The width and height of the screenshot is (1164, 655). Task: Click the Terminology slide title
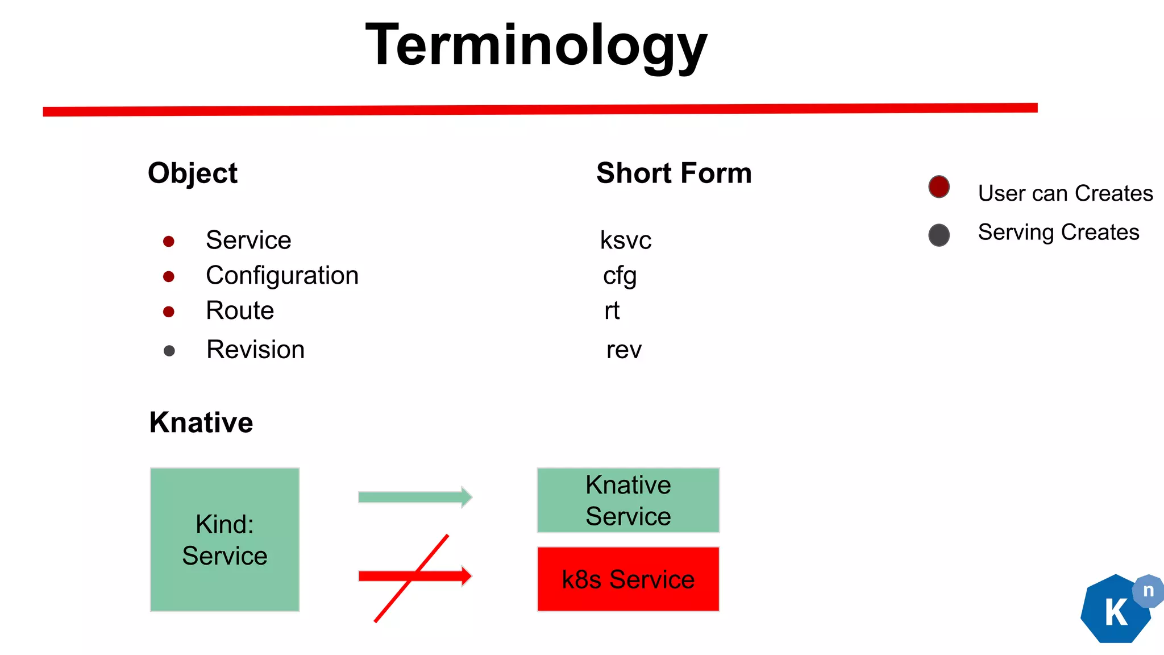tap(536, 45)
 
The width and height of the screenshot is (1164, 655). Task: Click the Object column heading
tap(192, 173)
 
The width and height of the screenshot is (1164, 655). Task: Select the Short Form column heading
tap(674, 173)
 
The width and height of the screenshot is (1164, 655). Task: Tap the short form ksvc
tap(625, 241)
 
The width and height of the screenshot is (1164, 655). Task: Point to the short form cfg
tap(620, 276)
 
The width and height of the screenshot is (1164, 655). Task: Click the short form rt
tap(612, 311)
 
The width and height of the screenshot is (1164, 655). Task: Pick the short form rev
tap(623, 350)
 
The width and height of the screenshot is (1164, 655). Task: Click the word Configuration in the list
tap(282, 276)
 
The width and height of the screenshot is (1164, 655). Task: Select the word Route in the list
tap(240, 311)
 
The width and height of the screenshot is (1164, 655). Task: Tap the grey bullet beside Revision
tap(169, 351)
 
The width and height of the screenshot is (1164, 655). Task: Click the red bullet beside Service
tap(168, 242)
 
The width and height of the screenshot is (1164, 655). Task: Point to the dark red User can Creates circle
tap(938, 186)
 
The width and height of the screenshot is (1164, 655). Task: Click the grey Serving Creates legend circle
tap(938, 235)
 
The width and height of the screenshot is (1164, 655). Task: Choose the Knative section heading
tap(201, 422)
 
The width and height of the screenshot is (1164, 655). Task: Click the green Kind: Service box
tap(225, 540)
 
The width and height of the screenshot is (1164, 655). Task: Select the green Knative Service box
tap(628, 500)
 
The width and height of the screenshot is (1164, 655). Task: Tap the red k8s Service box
tap(628, 579)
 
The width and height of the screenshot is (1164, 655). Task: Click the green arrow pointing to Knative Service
tap(415, 498)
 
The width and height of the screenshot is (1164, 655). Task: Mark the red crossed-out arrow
tap(415, 577)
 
